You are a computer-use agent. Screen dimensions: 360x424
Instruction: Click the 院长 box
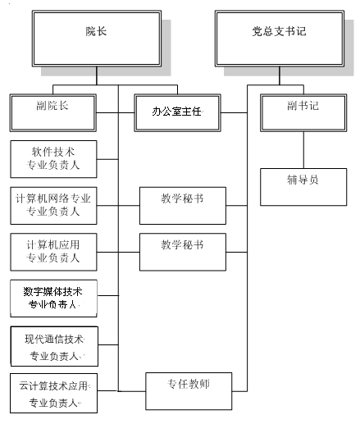(x=97, y=39)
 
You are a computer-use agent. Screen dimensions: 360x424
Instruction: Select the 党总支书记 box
(x=280, y=39)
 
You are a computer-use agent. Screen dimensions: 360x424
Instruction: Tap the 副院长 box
(x=53, y=113)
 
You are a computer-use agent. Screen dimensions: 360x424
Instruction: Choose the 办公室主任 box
(x=177, y=113)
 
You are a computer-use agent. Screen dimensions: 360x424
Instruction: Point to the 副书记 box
(x=303, y=113)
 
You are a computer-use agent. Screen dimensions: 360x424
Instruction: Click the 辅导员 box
(x=303, y=187)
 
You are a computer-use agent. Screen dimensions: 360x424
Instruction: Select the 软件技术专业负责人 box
(x=53, y=159)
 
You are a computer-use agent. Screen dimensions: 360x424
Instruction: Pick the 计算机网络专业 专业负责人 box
(x=53, y=206)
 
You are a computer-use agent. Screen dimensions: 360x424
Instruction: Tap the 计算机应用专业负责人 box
(x=53, y=252)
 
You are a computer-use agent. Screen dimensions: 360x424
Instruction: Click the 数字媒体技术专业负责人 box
(x=53, y=299)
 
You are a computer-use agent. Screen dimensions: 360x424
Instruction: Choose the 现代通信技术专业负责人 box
(x=54, y=346)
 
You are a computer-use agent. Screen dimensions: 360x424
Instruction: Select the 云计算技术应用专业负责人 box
(x=54, y=393)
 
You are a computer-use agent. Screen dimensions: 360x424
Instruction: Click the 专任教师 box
(x=189, y=391)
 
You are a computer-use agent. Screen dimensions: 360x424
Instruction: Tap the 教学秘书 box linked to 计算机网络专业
(x=183, y=206)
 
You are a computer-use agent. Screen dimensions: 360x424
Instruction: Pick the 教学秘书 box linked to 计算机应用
(x=183, y=252)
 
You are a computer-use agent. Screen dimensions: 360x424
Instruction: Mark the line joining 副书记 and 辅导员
(x=303, y=150)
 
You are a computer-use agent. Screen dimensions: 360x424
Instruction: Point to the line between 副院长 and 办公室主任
(x=116, y=112)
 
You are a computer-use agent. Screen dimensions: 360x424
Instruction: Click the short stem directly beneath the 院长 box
(x=97, y=75)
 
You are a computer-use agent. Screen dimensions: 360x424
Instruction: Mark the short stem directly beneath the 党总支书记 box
(x=280, y=75)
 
